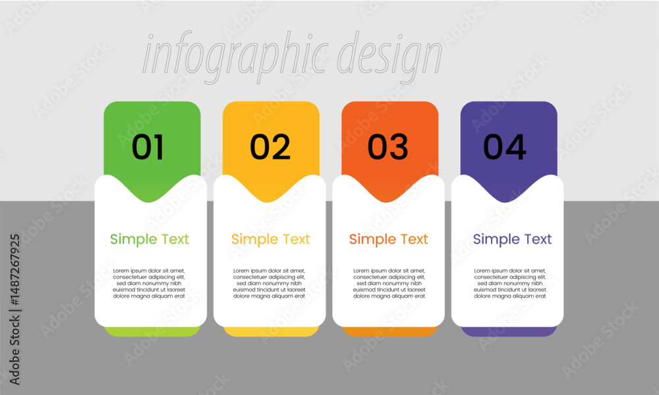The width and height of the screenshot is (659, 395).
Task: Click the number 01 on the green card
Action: click(x=148, y=147)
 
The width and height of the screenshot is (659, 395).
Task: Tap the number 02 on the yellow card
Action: click(x=270, y=147)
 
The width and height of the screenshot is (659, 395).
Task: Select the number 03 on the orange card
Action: click(x=388, y=147)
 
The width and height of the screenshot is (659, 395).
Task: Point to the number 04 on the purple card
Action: click(x=505, y=147)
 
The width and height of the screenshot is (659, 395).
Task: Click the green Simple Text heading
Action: click(x=150, y=239)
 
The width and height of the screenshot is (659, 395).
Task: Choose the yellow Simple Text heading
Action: click(x=271, y=239)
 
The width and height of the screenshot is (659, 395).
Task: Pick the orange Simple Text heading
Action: click(x=389, y=239)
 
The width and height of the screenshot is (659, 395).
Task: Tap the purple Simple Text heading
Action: click(x=512, y=239)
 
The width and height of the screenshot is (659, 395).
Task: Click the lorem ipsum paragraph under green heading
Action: click(x=149, y=283)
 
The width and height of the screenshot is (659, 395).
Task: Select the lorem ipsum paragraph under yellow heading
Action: click(x=270, y=283)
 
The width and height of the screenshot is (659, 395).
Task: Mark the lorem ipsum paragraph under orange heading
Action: click(x=389, y=283)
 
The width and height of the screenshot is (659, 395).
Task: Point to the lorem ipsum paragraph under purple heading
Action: click(x=510, y=283)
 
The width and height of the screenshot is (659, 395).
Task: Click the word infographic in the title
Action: click(x=235, y=57)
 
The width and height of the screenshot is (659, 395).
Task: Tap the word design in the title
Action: click(x=389, y=57)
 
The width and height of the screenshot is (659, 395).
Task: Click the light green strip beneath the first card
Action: click(x=152, y=332)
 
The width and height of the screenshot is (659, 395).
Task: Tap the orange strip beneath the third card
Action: click(x=390, y=332)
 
